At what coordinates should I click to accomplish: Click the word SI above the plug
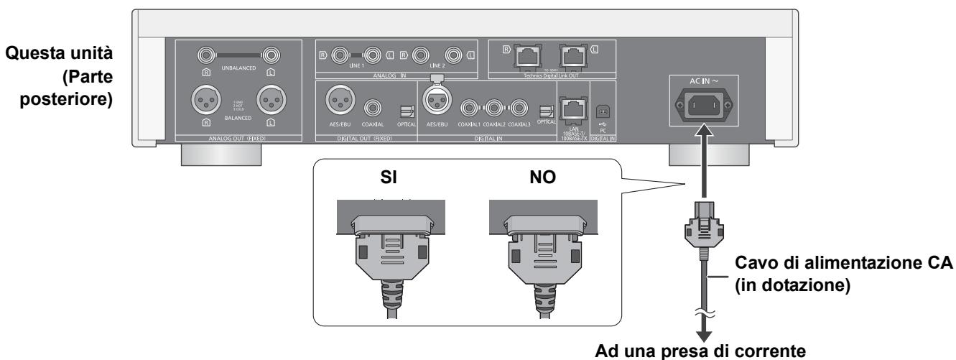[x=388, y=176]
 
